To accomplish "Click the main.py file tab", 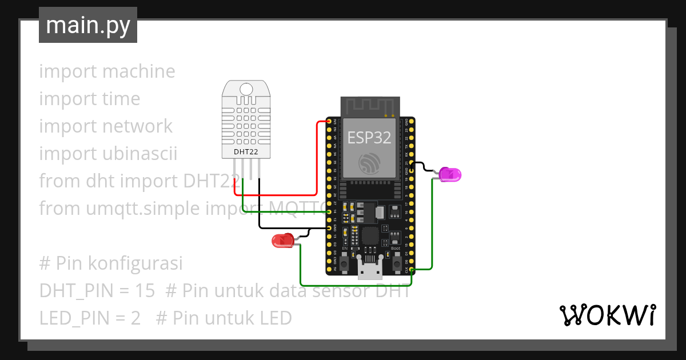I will pyautogui.click(x=87, y=25).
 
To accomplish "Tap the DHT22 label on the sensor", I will pyautogui.click(x=246, y=152).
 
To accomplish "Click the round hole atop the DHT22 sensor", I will pyautogui.click(x=246, y=89).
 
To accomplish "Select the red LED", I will pyautogui.click(x=282, y=241).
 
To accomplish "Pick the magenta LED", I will pyautogui.click(x=450, y=174).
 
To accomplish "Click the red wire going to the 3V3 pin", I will pyautogui.click(x=317, y=160).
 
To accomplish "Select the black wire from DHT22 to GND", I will pyautogui.click(x=259, y=206).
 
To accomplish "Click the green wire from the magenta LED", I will pyautogui.click(x=432, y=229).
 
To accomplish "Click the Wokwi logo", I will pyautogui.click(x=607, y=315).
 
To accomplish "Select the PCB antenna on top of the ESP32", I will pyautogui.click(x=370, y=106).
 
